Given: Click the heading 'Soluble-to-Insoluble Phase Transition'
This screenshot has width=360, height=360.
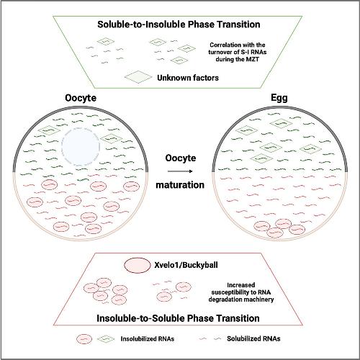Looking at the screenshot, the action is tap(179, 24).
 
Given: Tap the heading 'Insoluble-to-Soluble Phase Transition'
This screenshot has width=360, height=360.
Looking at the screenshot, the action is tap(178, 318).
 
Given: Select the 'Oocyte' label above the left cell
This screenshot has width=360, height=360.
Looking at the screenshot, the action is tap(81, 98).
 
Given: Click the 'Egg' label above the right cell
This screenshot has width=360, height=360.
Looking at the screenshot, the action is tap(279, 98).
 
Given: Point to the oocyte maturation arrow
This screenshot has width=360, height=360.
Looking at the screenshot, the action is tap(180, 171).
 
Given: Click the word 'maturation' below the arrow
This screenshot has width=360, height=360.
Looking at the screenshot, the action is tap(180, 185).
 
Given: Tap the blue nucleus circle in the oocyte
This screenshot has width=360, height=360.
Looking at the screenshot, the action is tap(81, 147).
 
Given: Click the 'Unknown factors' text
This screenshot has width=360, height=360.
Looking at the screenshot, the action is tap(188, 78).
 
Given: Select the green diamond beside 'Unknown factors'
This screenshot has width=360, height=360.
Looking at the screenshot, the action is tap(138, 77).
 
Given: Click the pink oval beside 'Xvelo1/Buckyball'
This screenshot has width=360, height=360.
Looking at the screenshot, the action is tap(137, 266).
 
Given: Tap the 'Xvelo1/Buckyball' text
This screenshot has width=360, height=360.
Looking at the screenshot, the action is tap(186, 265).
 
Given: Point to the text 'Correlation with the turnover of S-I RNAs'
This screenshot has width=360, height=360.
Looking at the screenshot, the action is tap(238, 48).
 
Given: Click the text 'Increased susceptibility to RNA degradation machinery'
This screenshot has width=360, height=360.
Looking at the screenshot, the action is tap(241, 292).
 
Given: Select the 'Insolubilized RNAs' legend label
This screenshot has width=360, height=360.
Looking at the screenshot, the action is tap(148, 339).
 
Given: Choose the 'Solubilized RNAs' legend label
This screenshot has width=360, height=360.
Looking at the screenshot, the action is tap(253, 338).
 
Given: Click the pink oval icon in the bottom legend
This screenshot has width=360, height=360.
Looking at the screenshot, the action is tap(84, 339).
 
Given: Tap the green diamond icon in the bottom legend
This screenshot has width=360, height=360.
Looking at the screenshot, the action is tap(104, 339).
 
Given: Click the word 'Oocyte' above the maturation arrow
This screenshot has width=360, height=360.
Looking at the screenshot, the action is tap(181, 158).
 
